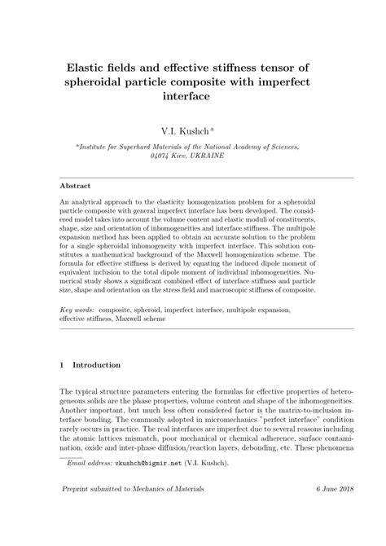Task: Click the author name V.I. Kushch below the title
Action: (x=189, y=129)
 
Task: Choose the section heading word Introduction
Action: (x=97, y=365)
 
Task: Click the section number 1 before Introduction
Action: (x=63, y=365)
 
